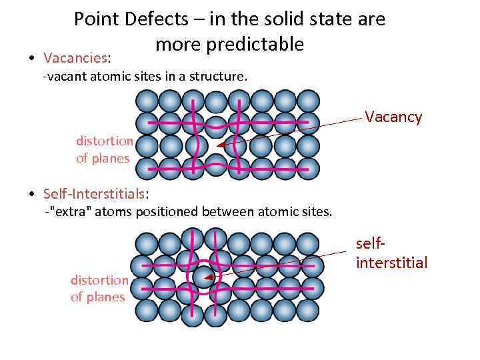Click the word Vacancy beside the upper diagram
point(393,117)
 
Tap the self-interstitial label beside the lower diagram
point(391,254)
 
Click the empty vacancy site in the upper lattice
point(215,145)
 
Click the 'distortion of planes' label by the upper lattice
point(104,149)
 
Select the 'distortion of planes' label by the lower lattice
point(99,288)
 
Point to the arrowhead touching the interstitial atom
point(209,277)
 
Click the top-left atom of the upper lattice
point(147,101)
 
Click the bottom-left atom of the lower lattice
point(147,310)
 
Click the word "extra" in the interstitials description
point(66,212)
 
